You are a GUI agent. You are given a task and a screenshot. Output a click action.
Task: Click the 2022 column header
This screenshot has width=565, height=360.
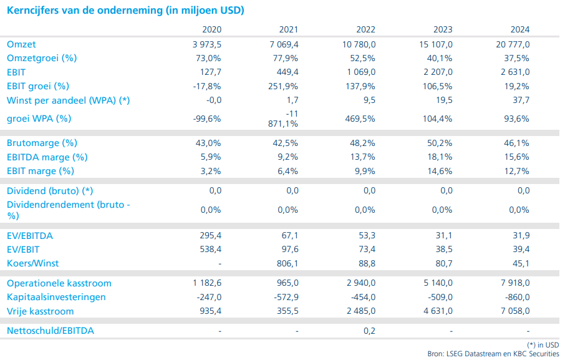365,29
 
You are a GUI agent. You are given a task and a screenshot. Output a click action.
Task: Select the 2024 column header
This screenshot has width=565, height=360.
519,29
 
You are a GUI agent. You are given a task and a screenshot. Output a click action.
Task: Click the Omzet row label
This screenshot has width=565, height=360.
21,44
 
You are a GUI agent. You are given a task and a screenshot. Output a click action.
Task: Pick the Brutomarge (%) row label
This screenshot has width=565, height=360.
42,144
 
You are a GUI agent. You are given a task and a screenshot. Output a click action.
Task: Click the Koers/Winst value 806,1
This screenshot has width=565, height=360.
286,263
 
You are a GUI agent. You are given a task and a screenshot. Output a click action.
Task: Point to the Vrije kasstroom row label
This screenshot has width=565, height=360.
41,311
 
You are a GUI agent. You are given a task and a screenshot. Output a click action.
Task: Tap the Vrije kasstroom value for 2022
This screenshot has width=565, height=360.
359,311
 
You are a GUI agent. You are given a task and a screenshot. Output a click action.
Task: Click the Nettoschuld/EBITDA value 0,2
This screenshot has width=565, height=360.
369,331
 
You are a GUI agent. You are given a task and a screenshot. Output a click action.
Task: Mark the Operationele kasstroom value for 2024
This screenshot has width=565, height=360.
513,283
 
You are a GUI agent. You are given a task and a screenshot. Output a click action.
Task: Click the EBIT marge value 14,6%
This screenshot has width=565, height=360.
441,171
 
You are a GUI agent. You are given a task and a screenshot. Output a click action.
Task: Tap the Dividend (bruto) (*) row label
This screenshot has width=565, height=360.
50,190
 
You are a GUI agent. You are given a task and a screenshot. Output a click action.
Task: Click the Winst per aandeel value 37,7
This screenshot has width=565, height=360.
521,100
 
